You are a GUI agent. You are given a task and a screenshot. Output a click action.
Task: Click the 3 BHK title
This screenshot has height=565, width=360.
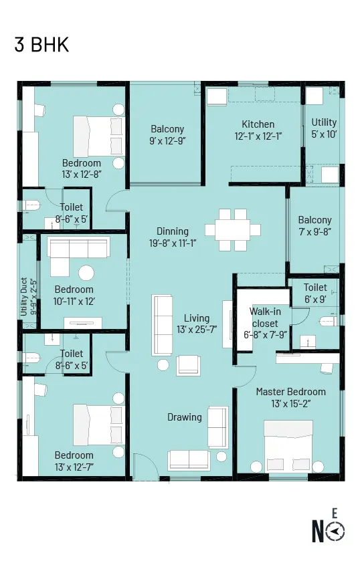coord(41,44)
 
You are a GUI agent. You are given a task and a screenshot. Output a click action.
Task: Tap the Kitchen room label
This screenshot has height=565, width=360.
coord(258,124)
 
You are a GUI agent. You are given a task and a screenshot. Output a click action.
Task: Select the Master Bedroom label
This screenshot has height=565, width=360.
coord(290,392)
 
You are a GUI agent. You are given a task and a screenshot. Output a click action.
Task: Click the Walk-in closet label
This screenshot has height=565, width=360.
coord(265,317)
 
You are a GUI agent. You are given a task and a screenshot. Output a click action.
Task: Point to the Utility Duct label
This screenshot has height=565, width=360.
coord(24,297)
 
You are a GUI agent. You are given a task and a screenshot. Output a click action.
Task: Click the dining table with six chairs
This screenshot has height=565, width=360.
coord(233,230)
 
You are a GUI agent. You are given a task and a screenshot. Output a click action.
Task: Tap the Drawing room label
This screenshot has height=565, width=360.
coord(184,417)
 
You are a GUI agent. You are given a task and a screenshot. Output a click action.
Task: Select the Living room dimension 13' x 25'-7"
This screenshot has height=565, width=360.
coord(197,330)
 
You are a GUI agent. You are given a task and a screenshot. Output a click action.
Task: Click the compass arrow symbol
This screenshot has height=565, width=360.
coord(335,531)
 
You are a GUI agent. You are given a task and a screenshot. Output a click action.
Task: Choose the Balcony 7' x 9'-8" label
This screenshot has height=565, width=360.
coord(315,226)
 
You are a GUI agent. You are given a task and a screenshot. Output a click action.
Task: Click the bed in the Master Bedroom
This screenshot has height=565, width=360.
coord(288,446)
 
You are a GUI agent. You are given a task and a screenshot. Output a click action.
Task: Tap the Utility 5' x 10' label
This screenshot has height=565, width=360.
coord(324,128)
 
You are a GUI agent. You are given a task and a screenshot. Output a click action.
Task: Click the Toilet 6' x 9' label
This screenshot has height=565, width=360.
coord(315,294)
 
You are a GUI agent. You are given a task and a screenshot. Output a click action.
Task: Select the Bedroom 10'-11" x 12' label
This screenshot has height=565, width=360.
coord(74,296)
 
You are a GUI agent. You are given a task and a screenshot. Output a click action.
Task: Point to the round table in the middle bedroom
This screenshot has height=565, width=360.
coord(86,273)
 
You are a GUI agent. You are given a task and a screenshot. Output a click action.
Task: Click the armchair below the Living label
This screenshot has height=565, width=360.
coord(188,366)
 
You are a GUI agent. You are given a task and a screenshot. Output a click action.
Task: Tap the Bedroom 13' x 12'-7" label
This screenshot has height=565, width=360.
coord(74,461)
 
